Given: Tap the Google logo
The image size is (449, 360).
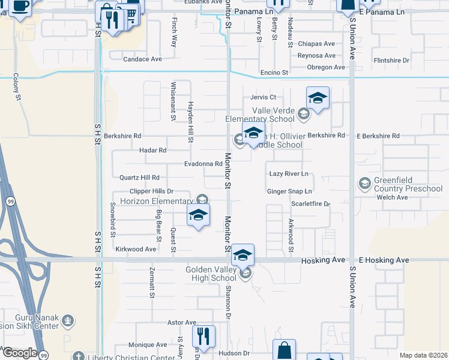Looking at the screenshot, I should click(x=20, y=353).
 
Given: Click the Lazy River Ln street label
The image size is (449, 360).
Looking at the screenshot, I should click(x=288, y=173).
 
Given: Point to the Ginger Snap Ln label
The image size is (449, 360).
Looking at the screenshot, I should click(x=289, y=191).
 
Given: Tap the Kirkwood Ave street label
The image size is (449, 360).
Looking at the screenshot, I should click(x=136, y=249).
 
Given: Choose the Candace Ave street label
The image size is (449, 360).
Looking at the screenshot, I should click(x=143, y=59).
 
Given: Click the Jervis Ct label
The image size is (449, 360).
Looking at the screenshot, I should click(x=263, y=97).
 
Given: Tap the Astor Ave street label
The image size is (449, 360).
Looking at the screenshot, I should click(x=182, y=322).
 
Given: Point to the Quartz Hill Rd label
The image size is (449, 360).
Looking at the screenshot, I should click(x=139, y=178).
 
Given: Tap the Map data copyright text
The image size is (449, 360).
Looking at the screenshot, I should click(x=423, y=355).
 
